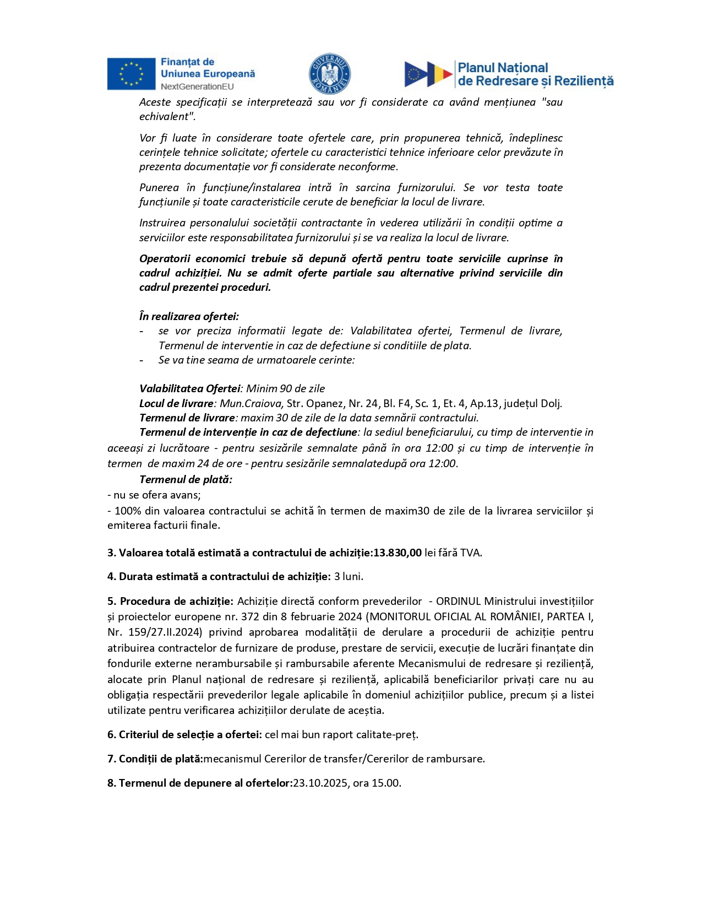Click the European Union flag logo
pyautogui.click(x=131, y=74)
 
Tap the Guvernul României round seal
pyautogui.click(x=329, y=74)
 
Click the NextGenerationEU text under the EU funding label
pyautogui.click(x=197, y=86)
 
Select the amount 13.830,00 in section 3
pyautogui.click(x=398, y=553)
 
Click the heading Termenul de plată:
pyautogui.click(x=186, y=479)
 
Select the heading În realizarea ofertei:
pyautogui.click(x=189, y=316)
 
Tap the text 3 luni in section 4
pyautogui.click(x=348, y=576)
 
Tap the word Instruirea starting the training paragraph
pyautogui.click(x=162, y=223)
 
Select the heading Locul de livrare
pyautogui.click(x=176, y=403)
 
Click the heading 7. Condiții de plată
pyautogui.click(x=155, y=759)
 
